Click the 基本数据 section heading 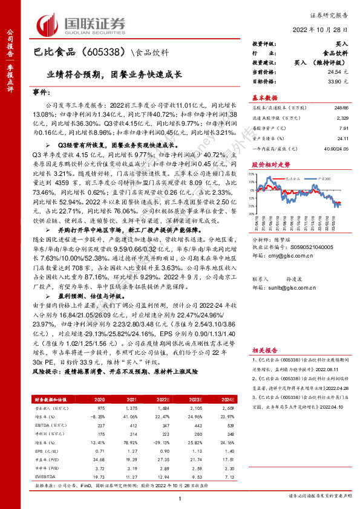[264, 97]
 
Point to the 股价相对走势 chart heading [270, 164]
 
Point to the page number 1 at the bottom [180, 497]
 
